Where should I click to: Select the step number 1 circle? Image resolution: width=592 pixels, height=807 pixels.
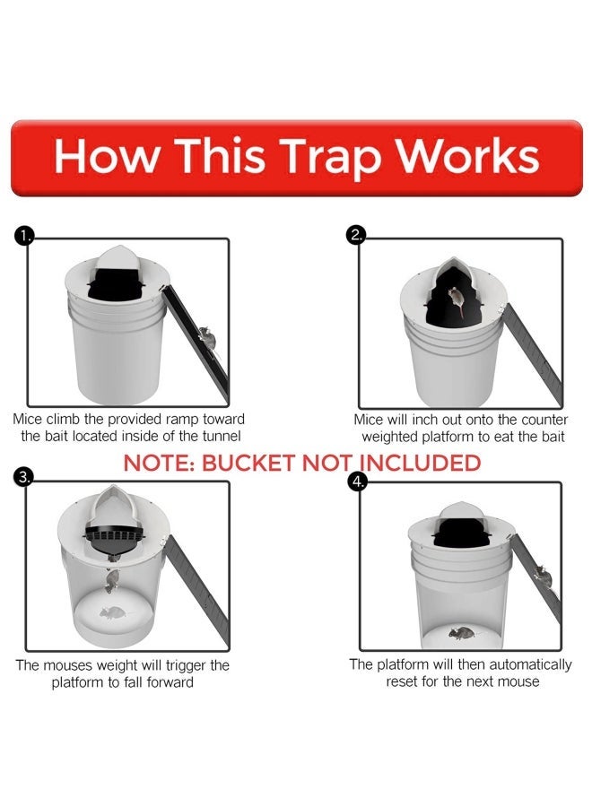[25, 237]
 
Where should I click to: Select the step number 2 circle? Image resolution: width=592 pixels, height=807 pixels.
[356, 236]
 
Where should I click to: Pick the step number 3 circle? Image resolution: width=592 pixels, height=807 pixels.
[25, 477]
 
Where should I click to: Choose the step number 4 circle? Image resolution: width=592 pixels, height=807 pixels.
[358, 481]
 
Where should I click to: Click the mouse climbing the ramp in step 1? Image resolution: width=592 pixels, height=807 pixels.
[205, 337]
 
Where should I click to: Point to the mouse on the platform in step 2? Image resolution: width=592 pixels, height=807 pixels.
[457, 301]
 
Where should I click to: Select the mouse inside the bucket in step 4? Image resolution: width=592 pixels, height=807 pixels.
[460, 633]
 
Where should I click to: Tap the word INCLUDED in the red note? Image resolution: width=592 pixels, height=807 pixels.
[421, 464]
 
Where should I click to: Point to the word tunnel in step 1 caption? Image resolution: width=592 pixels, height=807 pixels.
[218, 437]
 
